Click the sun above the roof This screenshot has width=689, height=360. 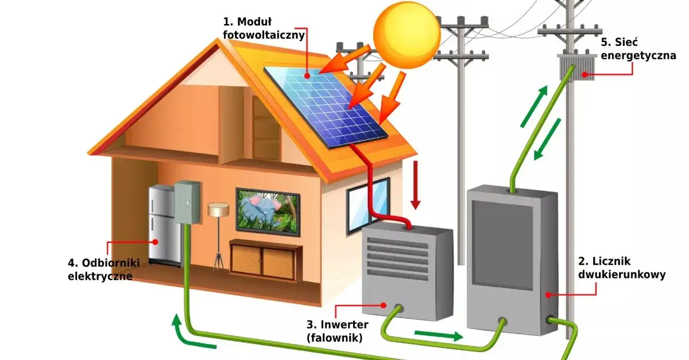tap(407, 34)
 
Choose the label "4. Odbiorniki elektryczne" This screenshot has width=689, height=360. tap(100, 269)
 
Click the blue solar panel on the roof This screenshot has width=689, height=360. tap(324, 105)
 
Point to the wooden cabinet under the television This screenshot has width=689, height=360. tap(266, 260)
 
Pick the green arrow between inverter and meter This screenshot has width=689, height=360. tap(438, 335)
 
